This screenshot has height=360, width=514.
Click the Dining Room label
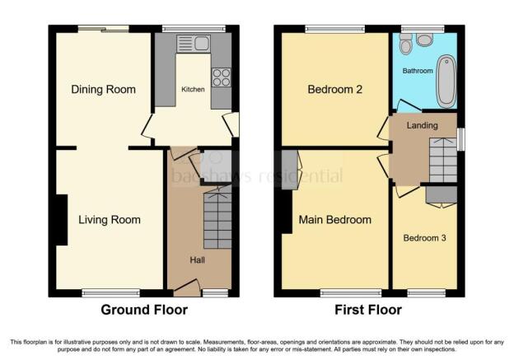[x=103, y=90]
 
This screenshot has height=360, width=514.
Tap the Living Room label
[x=110, y=220]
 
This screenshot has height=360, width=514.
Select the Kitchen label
[x=193, y=89]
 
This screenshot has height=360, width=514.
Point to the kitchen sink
[x=194, y=44]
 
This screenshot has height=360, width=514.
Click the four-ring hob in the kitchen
[x=222, y=77]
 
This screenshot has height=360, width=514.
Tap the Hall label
[x=198, y=260]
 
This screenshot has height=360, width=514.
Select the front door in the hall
[x=187, y=288]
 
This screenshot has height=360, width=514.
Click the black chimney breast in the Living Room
[x=61, y=220]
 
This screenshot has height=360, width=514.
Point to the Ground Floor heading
[x=144, y=310]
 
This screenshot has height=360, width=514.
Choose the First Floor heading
[x=368, y=310]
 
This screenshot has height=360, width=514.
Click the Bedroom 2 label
[x=335, y=90]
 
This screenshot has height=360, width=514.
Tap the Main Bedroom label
[x=335, y=220]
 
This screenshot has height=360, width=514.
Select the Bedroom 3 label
[x=424, y=238]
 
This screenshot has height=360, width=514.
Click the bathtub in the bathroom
[x=446, y=81]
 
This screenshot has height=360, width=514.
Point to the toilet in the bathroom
[x=406, y=44]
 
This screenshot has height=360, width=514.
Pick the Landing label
[x=423, y=125]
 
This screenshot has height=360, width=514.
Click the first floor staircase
[x=443, y=160]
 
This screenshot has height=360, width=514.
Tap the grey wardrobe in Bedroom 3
[x=442, y=194]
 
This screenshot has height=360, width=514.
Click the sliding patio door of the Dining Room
[x=104, y=29]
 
